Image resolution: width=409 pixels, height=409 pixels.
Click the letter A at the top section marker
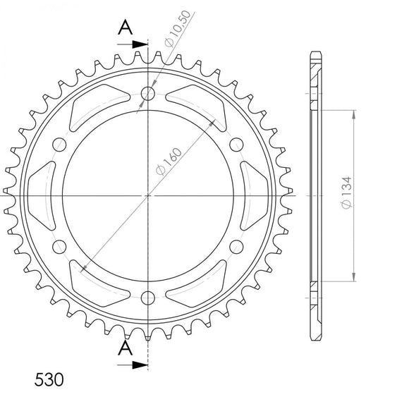click(124, 28)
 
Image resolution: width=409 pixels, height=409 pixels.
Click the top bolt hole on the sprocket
click(148, 93)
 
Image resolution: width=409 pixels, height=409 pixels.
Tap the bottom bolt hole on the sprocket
click(148, 296)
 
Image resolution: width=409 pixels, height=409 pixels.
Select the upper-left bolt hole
click(61, 144)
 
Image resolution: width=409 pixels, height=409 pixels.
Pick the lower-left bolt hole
click(61, 245)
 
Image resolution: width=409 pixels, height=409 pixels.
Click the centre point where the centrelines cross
click(148, 195)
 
